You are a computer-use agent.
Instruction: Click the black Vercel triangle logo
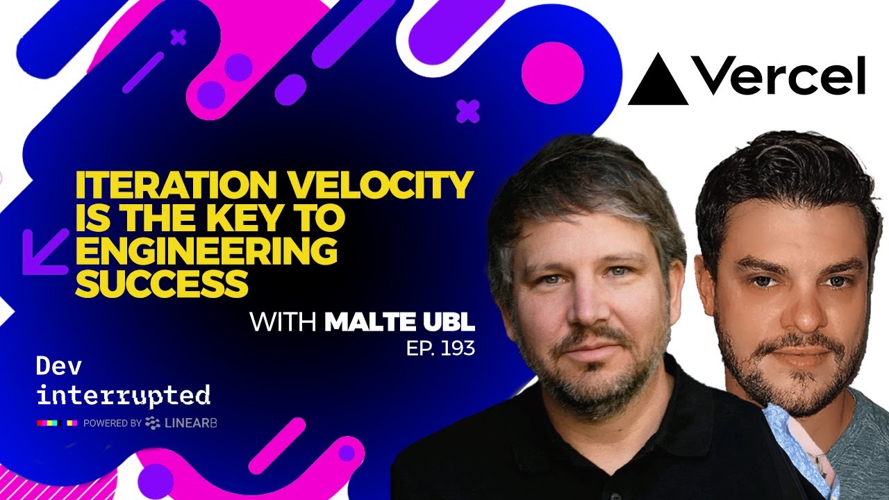(x=658, y=82)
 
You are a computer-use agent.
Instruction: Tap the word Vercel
(x=779, y=76)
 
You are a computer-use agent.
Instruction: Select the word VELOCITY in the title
(x=392, y=187)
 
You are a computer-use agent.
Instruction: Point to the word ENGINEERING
(x=206, y=251)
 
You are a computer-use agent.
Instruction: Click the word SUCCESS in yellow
(x=162, y=283)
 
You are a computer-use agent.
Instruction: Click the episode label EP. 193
(x=440, y=348)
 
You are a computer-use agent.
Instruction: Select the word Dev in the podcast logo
(x=56, y=367)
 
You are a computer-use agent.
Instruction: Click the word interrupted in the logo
(x=123, y=395)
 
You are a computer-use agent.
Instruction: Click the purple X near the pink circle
(x=468, y=111)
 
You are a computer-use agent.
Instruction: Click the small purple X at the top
(x=178, y=37)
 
